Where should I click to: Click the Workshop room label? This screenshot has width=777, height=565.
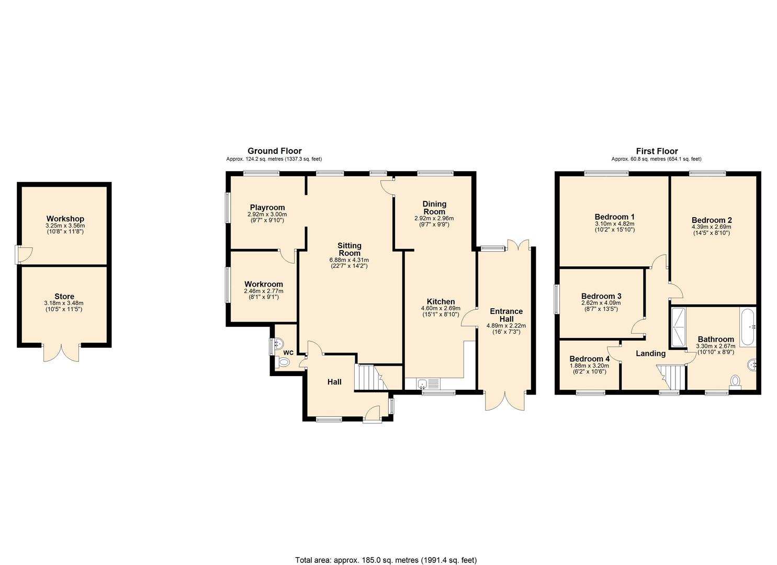click(65, 219)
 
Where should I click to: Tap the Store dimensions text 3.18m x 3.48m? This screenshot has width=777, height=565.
click(64, 303)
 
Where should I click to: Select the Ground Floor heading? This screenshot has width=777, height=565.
click(274, 151)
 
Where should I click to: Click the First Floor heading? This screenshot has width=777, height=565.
click(657, 151)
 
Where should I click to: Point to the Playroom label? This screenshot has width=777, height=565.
click(267, 208)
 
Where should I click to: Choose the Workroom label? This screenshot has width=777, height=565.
click(264, 284)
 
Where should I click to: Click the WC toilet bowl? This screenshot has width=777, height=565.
click(283, 363)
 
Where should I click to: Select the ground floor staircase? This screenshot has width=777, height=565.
click(371, 377)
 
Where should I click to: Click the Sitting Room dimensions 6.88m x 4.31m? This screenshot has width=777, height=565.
click(349, 260)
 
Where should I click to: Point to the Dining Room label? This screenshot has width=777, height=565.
click(434, 208)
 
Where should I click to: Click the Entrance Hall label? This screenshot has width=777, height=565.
click(506, 315)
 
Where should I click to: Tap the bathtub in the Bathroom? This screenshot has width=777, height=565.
click(748, 327)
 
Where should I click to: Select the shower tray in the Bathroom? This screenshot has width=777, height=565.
click(679, 327)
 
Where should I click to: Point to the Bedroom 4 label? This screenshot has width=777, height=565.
click(589, 359)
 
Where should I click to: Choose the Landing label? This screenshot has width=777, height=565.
click(650, 354)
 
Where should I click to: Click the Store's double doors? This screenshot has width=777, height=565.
click(61, 353)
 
